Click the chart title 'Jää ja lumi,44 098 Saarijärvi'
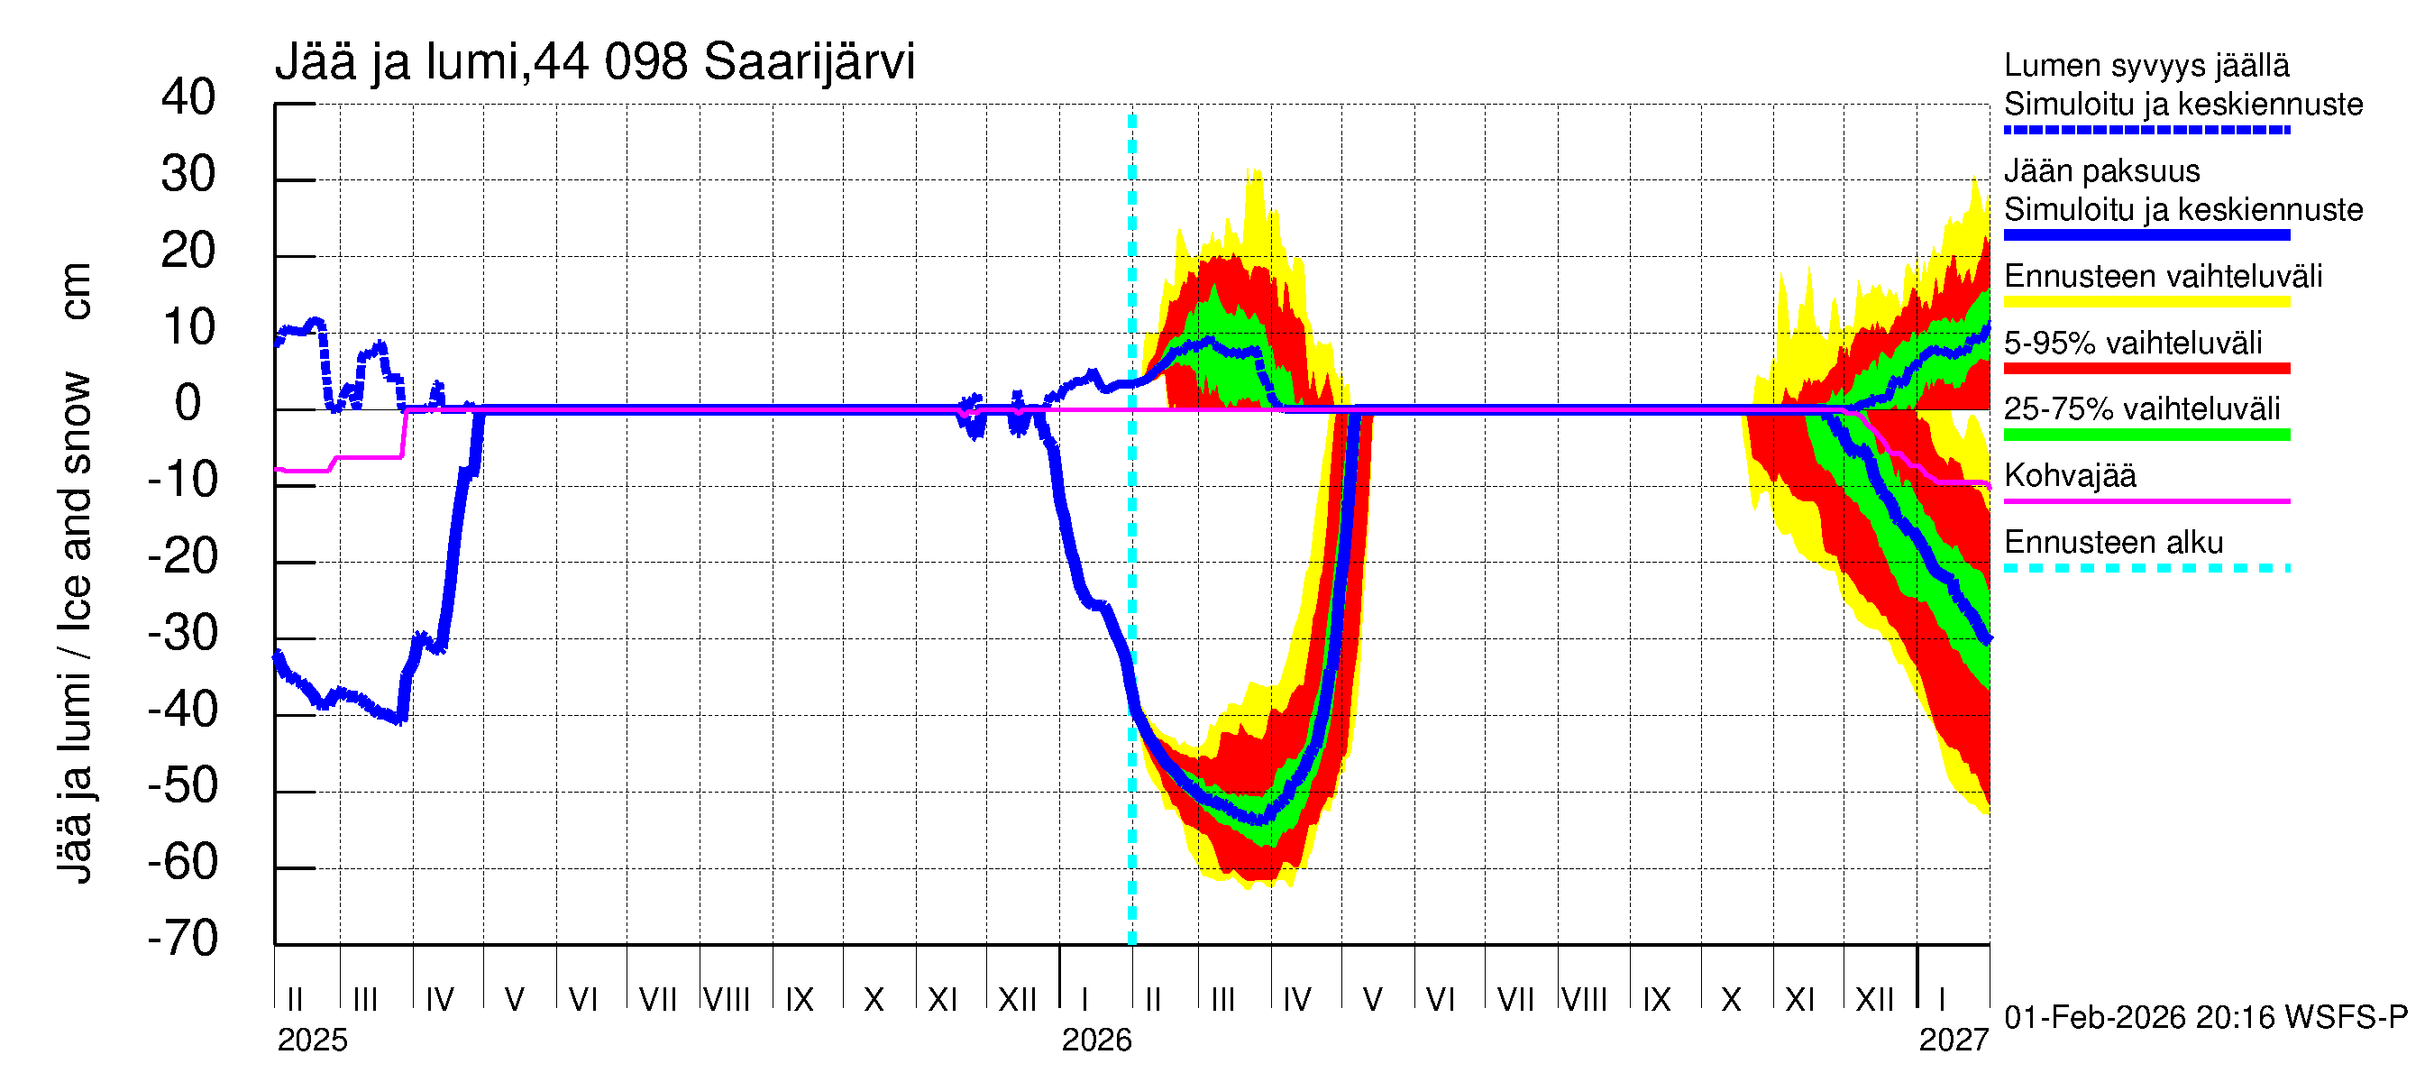pyautogui.click(x=594, y=62)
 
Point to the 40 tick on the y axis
pyautogui.click(x=188, y=97)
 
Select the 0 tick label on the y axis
pyautogui.click(x=188, y=404)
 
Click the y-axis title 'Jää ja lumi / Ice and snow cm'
pyautogui.click(x=75, y=573)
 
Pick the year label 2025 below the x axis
pyautogui.click(x=312, y=1040)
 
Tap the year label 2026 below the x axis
pyautogui.click(x=1096, y=1040)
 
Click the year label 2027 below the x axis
pyautogui.click(x=1953, y=1040)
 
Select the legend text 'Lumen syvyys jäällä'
pyautogui.click(x=2146, y=65)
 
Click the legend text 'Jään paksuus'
pyautogui.click(x=2101, y=171)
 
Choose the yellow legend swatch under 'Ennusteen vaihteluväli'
pyautogui.click(x=2146, y=301)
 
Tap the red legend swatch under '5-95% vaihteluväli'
pyautogui.click(x=2146, y=368)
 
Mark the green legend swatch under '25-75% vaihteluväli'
pyautogui.click(x=2146, y=435)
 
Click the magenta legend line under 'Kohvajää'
pyautogui.click(x=2146, y=500)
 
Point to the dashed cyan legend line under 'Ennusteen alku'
pyautogui.click(x=2146, y=568)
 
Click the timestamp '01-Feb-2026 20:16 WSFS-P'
pyautogui.click(x=2205, y=1017)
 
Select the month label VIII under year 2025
pyautogui.click(x=727, y=999)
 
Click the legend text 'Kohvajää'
pyautogui.click(x=2069, y=475)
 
